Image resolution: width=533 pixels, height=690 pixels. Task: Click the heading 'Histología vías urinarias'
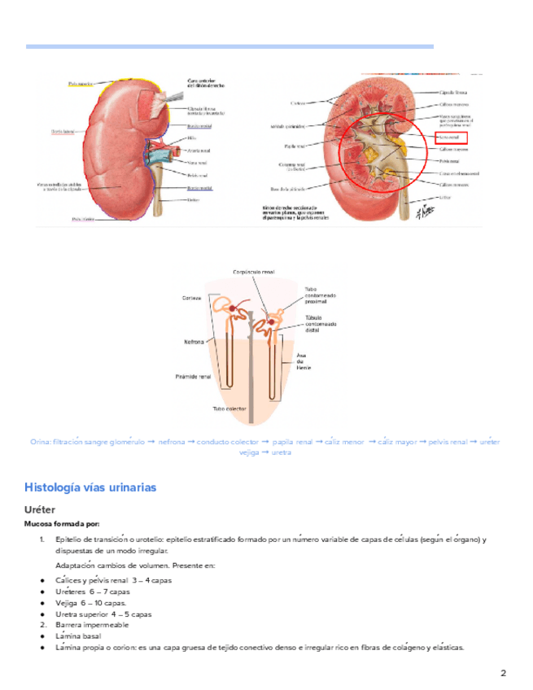point(90,487)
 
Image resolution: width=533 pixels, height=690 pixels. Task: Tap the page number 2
point(503,673)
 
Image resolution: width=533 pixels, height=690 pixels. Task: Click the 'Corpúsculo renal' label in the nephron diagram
point(254,272)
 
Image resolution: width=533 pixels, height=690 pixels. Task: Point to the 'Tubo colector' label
point(229,408)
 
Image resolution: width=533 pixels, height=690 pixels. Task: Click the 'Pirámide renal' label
point(194,377)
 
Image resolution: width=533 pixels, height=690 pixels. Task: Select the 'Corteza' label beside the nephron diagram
point(192,299)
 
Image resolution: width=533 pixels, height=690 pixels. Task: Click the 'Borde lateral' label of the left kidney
point(63,130)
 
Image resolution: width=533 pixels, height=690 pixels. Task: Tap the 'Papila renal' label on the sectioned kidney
point(295,146)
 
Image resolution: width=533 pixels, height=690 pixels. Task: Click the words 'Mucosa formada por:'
point(62,523)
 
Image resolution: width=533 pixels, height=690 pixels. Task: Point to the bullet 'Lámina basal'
point(79,635)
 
